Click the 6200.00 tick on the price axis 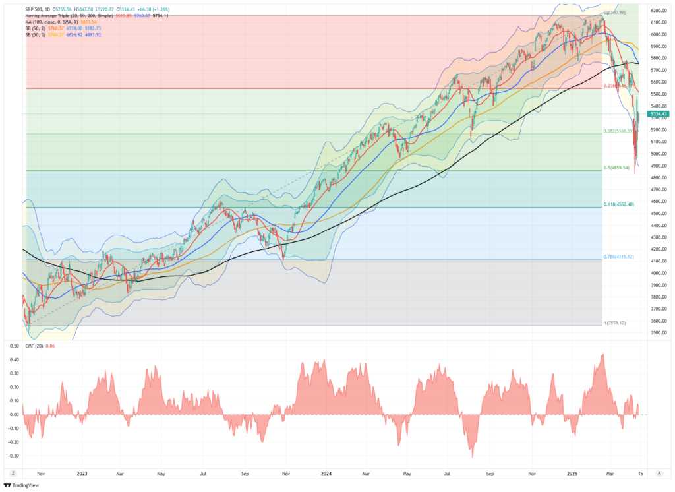coord(659,11)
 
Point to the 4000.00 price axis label coord(659,273)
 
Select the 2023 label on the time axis coord(82,473)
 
